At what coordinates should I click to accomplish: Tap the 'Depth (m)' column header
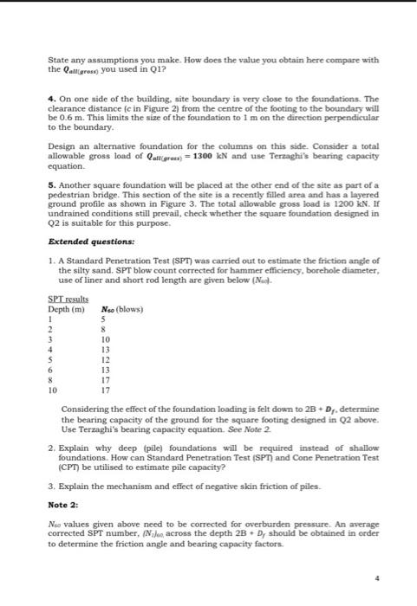tap(66, 309)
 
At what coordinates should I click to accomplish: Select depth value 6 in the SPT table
tap(51, 367)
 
